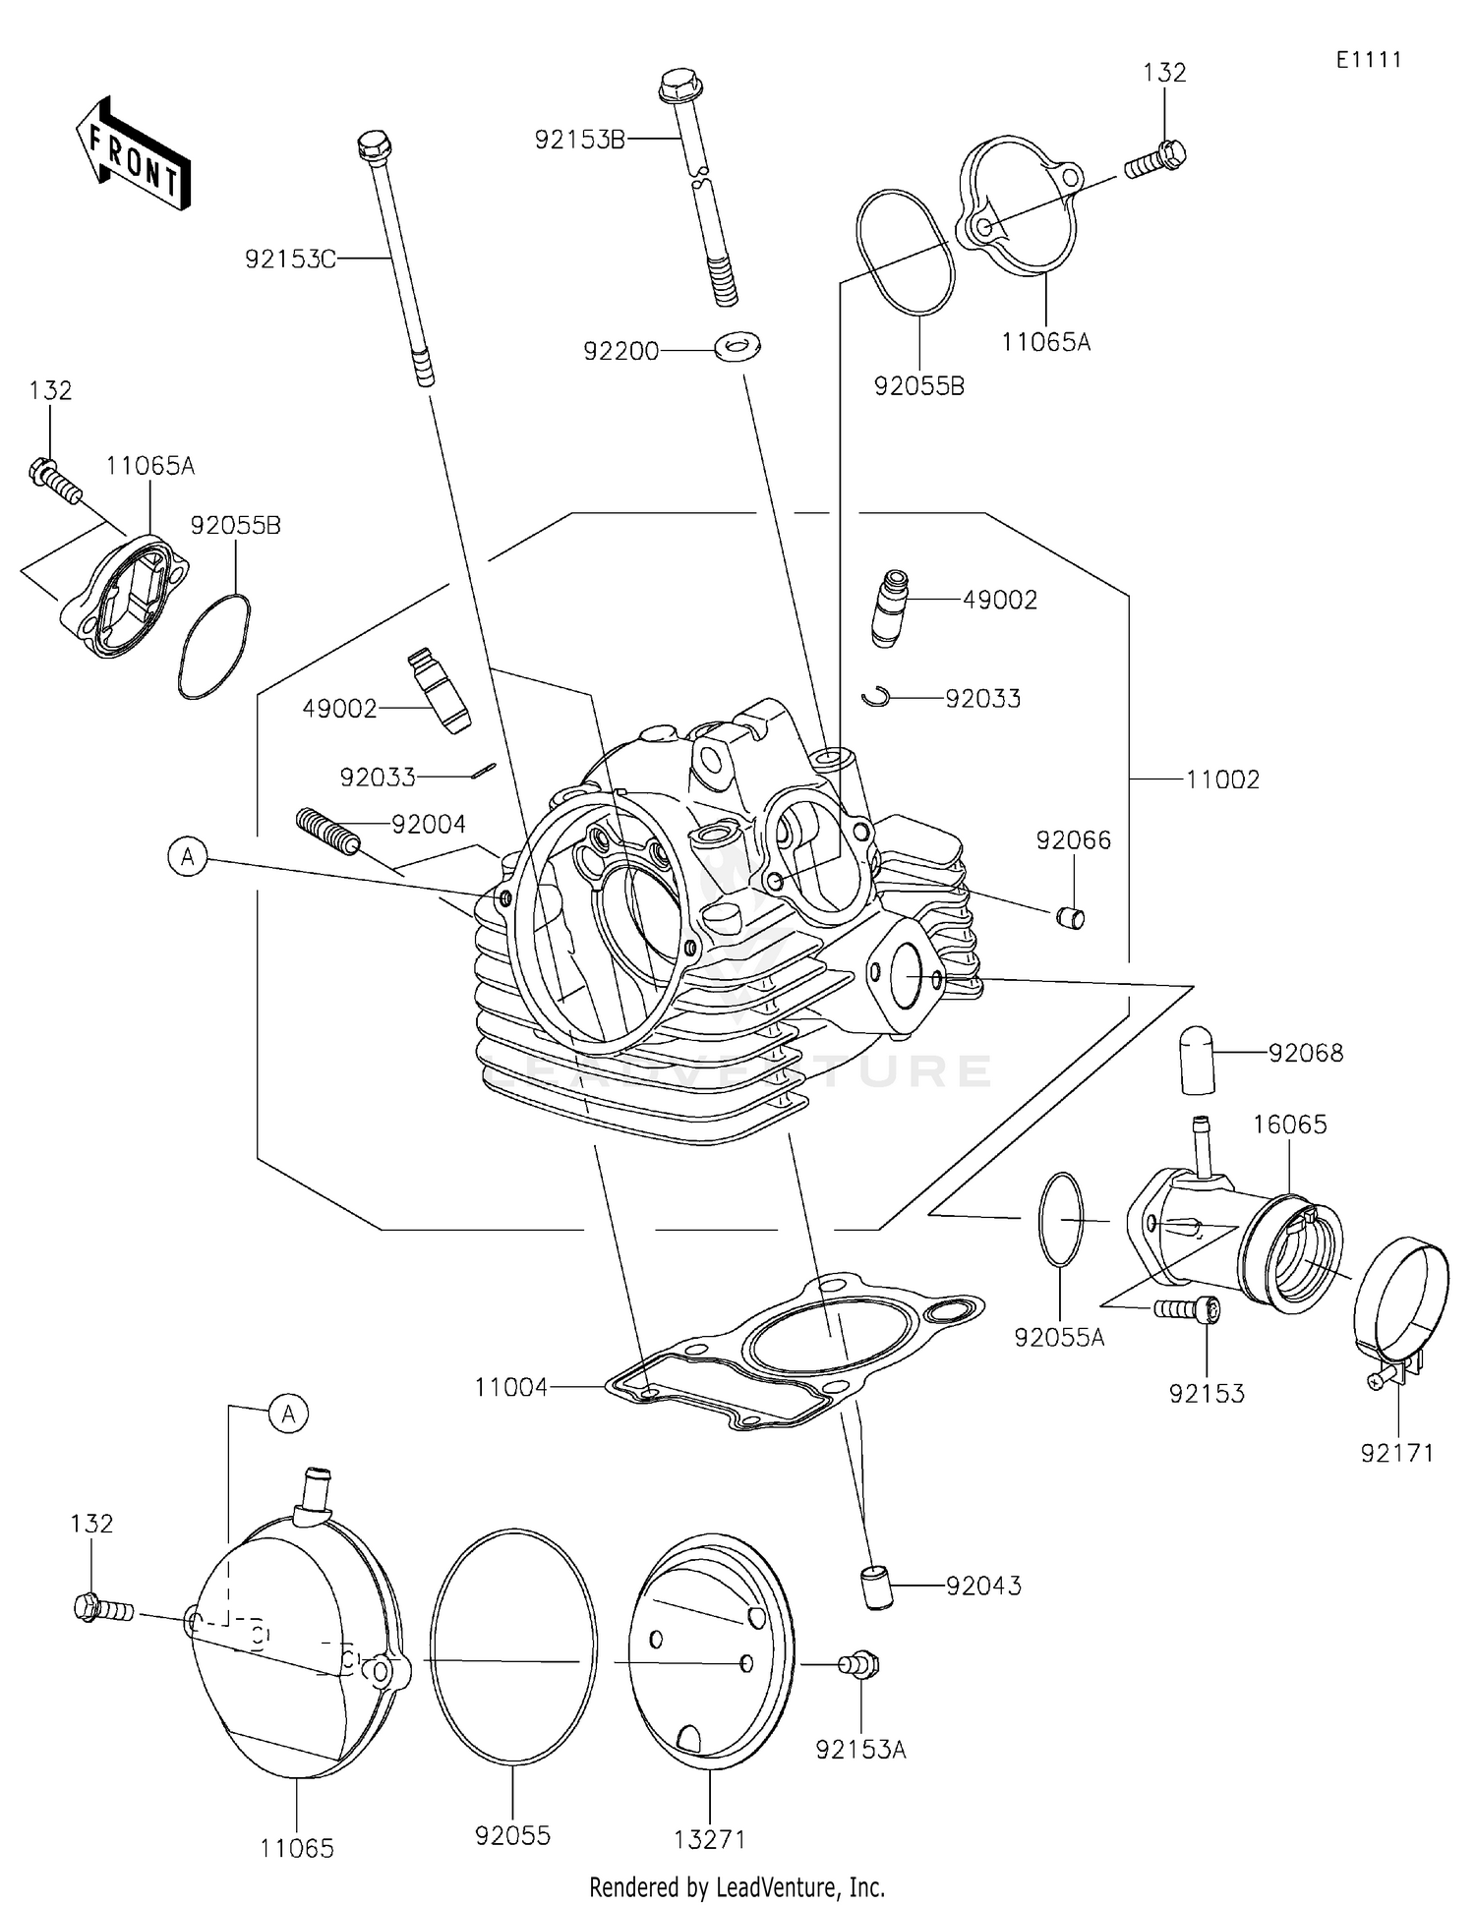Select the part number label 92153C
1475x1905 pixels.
[x=290, y=259]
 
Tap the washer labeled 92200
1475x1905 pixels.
[x=737, y=346]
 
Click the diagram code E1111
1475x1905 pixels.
[x=1369, y=59]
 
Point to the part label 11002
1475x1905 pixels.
[x=1222, y=779]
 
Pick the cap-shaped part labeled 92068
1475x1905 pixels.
[x=1197, y=1059]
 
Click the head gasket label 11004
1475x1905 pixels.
[x=510, y=1387]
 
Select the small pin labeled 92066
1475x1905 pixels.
[x=1071, y=919]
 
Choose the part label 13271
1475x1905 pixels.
[x=710, y=1838]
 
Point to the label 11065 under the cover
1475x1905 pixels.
[x=297, y=1848]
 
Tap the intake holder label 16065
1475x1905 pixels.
[x=1290, y=1124]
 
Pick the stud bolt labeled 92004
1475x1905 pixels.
[x=327, y=829]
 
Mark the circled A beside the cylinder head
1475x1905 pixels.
[x=188, y=857]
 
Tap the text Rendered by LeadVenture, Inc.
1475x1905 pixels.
[x=737, y=1886]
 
